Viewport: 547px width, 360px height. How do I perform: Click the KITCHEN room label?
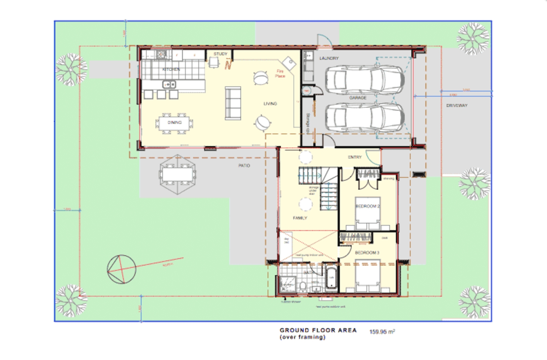pyautogui.click(x=171, y=69)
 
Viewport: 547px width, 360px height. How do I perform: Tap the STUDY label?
pyautogui.click(x=220, y=54)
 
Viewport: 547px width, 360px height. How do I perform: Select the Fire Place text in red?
pyautogui.click(x=280, y=73)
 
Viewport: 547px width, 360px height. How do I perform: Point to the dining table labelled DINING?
pyautogui.click(x=174, y=123)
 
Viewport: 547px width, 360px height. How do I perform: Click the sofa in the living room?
pyautogui.click(x=233, y=103)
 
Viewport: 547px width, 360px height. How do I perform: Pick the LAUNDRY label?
pyautogui.click(x=329, y=58)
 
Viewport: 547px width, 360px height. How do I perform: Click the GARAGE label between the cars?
pyautogui.click(x=358, y=98)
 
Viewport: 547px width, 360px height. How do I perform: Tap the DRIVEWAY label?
pyautogui.click(x=457, y=105)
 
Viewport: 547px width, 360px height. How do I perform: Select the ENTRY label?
pyautogui.click(x=355, y=157)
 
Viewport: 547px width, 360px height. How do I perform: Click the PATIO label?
pyautogui.click(x=244, y=166)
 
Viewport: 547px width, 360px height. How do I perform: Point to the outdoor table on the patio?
pyautogui.click(x=178, y=174)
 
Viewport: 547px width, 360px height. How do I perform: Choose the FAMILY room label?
pyautogui.click(x=300, y=218)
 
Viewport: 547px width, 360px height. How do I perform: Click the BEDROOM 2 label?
pyautogui.click(x=367, y=206)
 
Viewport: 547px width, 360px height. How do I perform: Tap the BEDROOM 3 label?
pyautogui.click(x=367, y=253)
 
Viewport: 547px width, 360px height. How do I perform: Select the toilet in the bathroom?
pyautogui.click(x=303, y=286)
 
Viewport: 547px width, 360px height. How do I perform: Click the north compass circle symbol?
pyautogui.click(x=121, y=269)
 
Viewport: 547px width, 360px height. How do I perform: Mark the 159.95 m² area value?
pyautogui.click(x=382, y=332)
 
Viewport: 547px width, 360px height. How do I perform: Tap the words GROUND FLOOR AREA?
pyautogui.click(x=318, y=330)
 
